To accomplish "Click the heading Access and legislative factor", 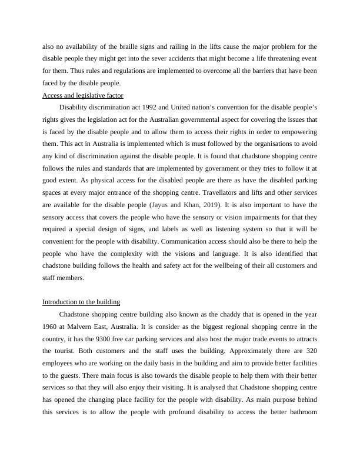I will [82, 95].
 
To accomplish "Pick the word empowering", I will [298, 132].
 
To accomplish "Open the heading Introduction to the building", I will [81, 302].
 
